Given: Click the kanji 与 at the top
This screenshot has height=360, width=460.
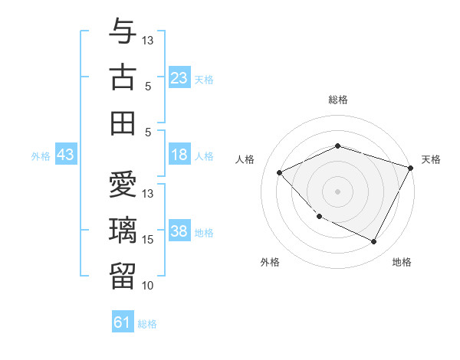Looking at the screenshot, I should pos(123,31).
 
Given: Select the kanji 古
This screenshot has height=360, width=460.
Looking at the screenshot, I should pos(123,77).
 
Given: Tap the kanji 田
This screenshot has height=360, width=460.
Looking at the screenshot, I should pos(123,123).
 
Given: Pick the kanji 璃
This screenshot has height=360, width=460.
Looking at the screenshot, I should pos(123,230).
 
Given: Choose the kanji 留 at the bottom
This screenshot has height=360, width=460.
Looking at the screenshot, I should pos(123,275).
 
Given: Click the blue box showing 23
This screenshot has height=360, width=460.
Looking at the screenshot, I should pos(179,78).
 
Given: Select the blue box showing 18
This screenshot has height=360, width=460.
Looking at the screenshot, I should pos(179,155).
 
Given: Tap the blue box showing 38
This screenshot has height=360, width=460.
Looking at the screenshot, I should pos(179,232).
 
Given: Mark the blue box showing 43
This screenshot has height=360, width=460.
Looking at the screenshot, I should pos(66,155).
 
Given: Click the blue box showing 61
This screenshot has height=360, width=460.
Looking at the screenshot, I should pos(123,322).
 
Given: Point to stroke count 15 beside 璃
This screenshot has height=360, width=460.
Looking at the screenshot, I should pos(148,240).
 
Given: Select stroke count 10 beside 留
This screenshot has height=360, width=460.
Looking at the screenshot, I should pos(148,286).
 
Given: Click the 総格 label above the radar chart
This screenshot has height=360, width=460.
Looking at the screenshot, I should pos(338,100).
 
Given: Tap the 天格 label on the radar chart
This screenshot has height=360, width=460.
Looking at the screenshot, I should pos(432,159).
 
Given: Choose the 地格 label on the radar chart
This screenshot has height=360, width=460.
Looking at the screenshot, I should pos(402,262).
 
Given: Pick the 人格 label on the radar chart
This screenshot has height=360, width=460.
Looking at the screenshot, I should pos(245,159).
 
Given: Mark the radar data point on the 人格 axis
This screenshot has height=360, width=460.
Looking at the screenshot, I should pos(280,172).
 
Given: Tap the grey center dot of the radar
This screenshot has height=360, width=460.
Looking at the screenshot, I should pos(338,191).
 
